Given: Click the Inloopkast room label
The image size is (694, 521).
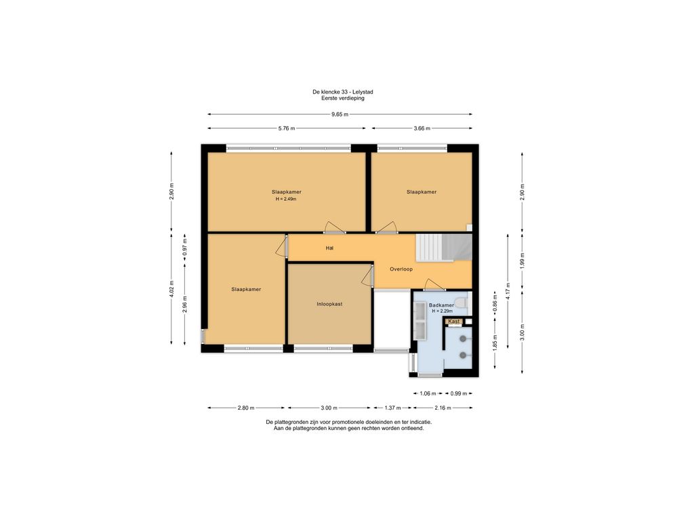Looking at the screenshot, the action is pyautogui.click(x=329, y=304).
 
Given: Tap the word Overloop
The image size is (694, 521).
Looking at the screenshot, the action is pyautogui.click(x=401, y=269).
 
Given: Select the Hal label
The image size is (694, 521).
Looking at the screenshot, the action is pyautogui.click(x=329, y=248).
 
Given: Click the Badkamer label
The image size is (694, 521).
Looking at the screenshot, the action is pyautogui.click(x=441, y=305).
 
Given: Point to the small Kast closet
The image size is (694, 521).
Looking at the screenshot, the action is pyautogui.click(x=454, y=321).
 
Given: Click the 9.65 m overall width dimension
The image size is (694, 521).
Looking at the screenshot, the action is pyautogui.click(x=340, y=114).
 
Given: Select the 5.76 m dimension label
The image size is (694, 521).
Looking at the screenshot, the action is pyautogui.click(x=287, y=128).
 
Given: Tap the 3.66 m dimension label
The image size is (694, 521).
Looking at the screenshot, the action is pyautogui.click(x=422, y=128).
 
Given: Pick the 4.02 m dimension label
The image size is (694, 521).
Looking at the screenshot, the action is pyautogui.click(x=171, y=289).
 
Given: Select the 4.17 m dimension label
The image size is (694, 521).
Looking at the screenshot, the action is pyautogui.click(x=508, y=292).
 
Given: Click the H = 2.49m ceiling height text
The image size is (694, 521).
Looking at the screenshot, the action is pyautogui.click(x=286, y=199).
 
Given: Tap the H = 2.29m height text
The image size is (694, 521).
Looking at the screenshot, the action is pyautogui.click(x=443, y=311).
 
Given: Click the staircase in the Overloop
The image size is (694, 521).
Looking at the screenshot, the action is pyautogui.click(x=443, y=248).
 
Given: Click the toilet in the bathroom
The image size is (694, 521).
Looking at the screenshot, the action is pyautogui.click(x=461, y=301).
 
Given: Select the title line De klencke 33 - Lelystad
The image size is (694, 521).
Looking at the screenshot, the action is pyautogui.click(x=342, y=92).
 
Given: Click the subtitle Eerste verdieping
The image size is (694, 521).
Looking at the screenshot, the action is pyautogui.click(x=342, y=98).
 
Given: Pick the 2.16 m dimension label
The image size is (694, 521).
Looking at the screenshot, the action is pyautogui.click(x=443, y=408).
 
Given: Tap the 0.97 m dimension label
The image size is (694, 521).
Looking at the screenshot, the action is pyautogui.click(x=185, y=248).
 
